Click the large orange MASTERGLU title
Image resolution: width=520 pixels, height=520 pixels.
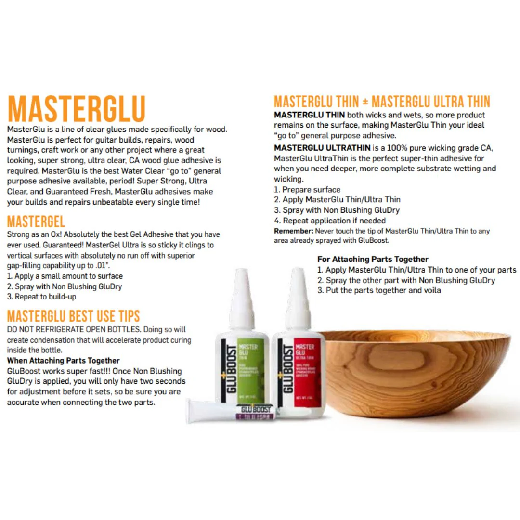76,109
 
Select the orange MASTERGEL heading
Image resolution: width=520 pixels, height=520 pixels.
36,222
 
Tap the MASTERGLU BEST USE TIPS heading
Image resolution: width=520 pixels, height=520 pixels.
73,316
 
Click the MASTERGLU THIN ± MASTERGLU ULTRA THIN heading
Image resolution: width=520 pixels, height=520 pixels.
382,102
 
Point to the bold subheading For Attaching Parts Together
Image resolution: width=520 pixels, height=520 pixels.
373,259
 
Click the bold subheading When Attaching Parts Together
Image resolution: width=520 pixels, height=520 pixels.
63,361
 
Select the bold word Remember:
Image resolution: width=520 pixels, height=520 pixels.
294,231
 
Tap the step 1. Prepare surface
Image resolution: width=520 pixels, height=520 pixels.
307,190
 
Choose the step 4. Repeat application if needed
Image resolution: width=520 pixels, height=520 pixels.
330,221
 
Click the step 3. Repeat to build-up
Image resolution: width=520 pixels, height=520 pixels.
41,297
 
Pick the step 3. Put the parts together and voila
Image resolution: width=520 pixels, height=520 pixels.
379,290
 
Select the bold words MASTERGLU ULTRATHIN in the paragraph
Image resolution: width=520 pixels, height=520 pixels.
322,148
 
